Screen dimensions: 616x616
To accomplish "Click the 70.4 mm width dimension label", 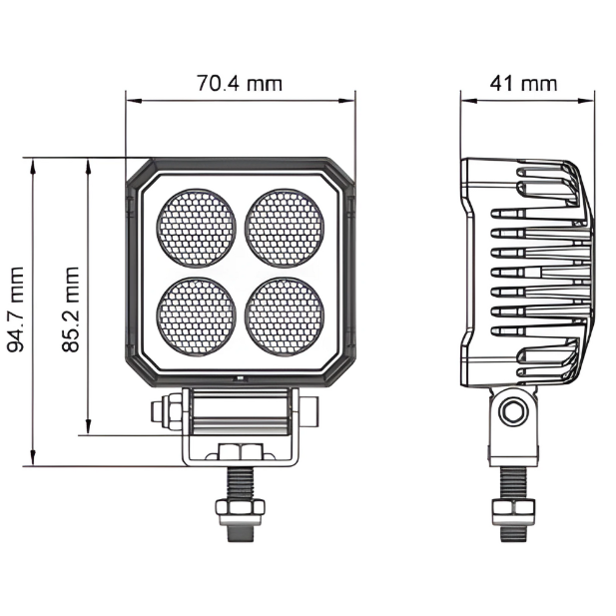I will click(240, 83).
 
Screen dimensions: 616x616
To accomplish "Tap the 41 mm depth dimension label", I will click(523, 83).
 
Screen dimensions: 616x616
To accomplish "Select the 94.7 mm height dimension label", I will click(15, 308).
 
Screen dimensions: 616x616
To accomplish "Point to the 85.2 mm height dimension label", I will click(70, 308).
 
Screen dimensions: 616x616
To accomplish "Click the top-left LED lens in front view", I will click(197, 227).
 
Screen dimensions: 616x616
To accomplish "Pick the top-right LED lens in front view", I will click(285, 227).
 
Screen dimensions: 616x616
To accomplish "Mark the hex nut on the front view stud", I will click(240, 511).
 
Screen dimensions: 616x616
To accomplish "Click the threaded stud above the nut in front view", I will click(240, 484).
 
